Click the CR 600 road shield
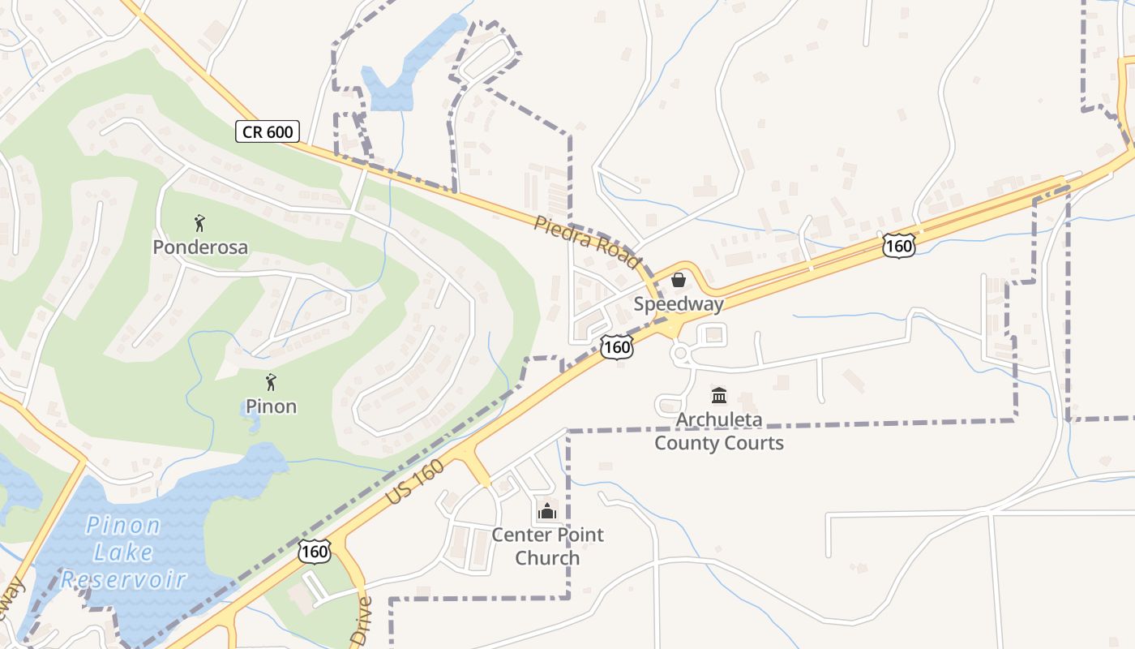tap(268, 131)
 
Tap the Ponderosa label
tap(200, 247)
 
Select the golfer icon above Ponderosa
tap(200, 223)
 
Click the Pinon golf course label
tap(271, 406)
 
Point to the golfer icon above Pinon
tap(271, 381)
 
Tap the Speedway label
tap(678, 304)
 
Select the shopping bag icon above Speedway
tap(678, 280)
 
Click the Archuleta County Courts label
tap(719, 432)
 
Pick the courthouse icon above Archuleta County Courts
tap(719, 396)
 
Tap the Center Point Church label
tap(548, 546)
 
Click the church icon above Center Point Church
tap(547, 511)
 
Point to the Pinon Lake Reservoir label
tap(123, 552)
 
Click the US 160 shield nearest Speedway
tap(616, 347)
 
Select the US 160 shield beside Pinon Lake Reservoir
tap(314, 552)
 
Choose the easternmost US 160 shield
tap(899, 245)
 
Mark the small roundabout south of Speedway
tap(680, 354)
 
